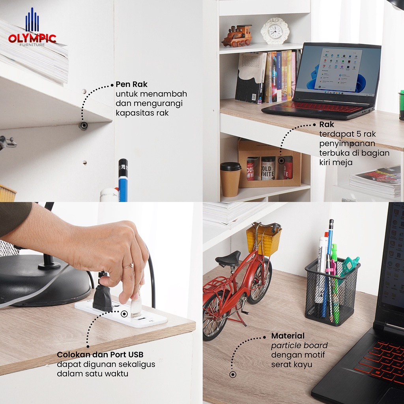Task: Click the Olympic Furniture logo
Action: (x=32, y=27)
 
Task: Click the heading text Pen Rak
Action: (x=131, y=84)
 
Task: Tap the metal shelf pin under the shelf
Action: (x=83, y=126)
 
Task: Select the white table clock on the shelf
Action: (x=275, y=31)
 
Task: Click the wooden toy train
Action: (x=237, y=36)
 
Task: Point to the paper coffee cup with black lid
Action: (x=230, y=180)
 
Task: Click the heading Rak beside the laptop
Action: (x=326, y=124)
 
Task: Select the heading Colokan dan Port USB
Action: (x=100, y=355)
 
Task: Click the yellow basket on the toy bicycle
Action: (x=263, y=239)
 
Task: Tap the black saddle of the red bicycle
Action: (x=228, y=258)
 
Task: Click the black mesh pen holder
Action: (x=332, y=292)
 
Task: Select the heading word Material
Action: (x=288, y=336)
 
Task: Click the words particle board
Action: (x=299, y=346)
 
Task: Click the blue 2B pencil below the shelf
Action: (x=123, y=180)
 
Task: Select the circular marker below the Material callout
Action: (x=233, y=374)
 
